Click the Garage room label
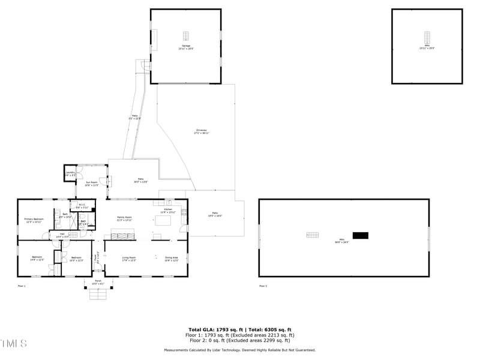[186, 47]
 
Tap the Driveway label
[201, 131]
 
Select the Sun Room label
[91, 183]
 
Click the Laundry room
[70, 174]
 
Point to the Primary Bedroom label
[34, 220]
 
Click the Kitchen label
[168, 211]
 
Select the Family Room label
[124, 218]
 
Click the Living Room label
[129, 259]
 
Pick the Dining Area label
[172, 259]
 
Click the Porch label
[98, 282]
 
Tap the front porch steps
[97, 294]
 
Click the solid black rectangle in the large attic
[360, 235]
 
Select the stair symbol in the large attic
[313, 235]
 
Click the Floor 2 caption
[263, 286]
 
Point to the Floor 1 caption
[22, 286]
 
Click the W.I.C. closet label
[83, 206]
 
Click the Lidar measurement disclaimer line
[240, 350]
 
